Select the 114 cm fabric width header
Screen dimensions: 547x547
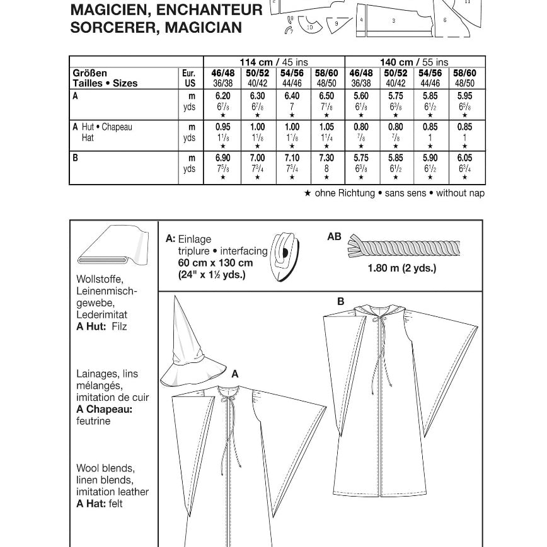[274, 62]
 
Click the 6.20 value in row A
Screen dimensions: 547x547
[222, 96]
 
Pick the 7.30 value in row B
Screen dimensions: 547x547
[326, 158]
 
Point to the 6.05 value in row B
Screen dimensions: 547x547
[464, 158]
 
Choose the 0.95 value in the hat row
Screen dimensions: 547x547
[222, 127]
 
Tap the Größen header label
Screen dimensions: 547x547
[90, 73]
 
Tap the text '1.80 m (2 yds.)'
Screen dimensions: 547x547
[402, 268]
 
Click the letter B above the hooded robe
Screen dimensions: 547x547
[341, 301]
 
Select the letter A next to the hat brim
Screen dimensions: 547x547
[235, 374]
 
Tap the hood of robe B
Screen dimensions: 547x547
[379, 313]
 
